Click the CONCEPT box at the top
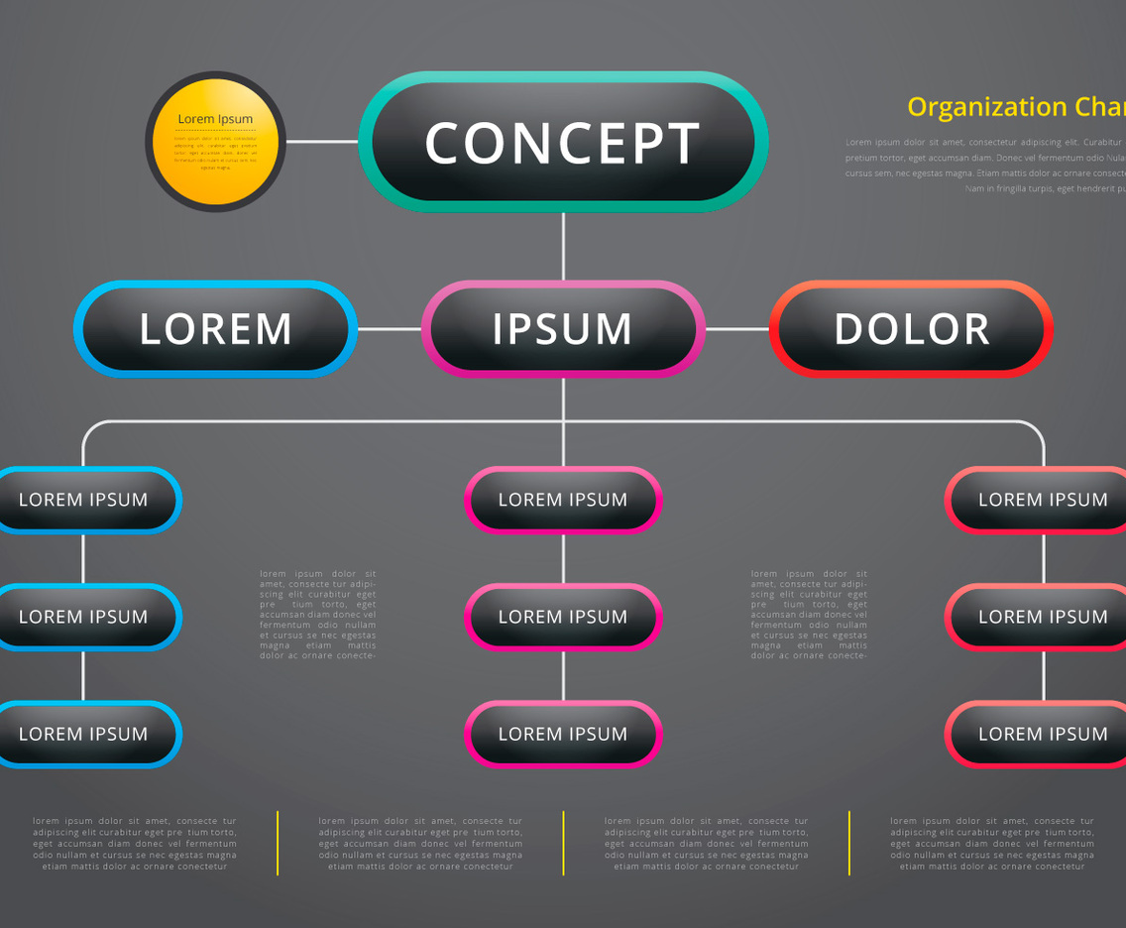(x=563, y=143)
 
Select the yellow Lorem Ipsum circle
(x=215, y=142)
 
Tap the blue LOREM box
(x=215, y=329)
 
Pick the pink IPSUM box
(x=563, y=329)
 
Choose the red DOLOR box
(x=911, y=329)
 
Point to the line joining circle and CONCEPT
(x=322, y=142)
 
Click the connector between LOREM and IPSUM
(x=389, y=329)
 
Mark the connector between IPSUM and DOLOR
(x=737, y=329)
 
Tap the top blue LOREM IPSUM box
(x=84, y=500)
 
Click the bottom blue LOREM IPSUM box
(x=84, y=735)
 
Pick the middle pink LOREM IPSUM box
(x=563, y=617)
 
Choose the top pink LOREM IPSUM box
(x=563, y=500)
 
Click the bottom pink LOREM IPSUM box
(x=563, y=735)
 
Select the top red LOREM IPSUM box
(x=1041, y=500)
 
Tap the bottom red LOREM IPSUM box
(x=1041, y=735)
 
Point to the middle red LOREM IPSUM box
(x=1041, y=617)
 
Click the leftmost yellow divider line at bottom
(x=278, y=843)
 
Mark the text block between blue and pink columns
(x=318, y=615)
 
